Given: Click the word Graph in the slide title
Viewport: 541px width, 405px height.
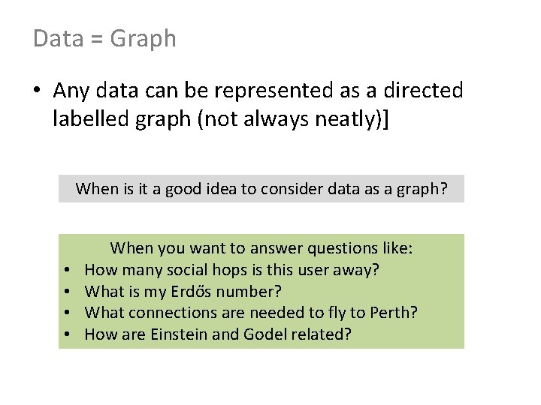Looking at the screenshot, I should tap(143, 38).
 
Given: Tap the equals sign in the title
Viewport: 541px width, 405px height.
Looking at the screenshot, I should tap(97, 39).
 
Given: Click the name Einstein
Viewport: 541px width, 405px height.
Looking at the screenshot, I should tap(178, 334).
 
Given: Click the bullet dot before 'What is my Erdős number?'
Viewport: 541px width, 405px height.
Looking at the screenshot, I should tap(67, 292).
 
